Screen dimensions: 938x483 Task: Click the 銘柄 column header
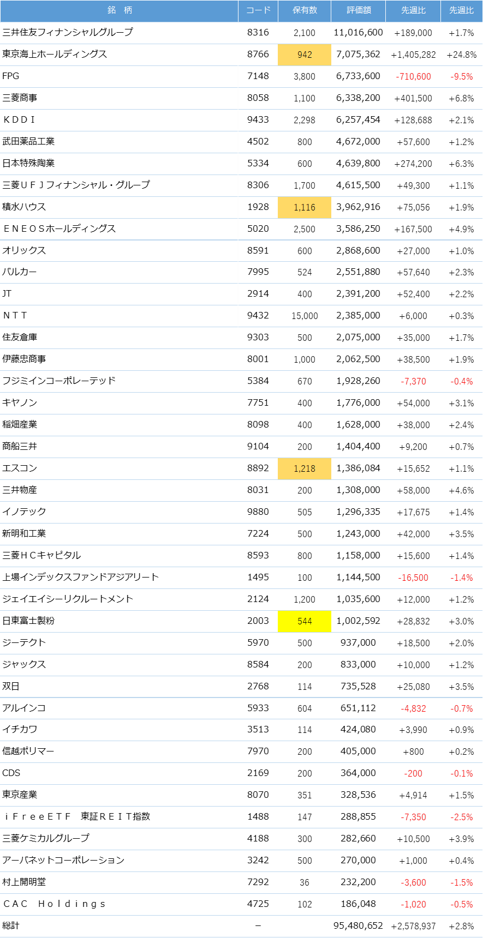click(120, 10)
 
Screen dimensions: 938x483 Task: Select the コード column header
click(258, 10)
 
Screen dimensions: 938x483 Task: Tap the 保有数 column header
click(305, 10)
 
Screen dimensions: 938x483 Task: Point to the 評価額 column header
click(359, 10)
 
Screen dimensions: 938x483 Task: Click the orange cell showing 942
click(305, 55)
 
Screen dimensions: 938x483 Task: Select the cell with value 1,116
click(305, 207)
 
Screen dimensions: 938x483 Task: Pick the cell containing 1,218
click(305, 468)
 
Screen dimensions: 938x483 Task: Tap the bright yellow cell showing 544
click(305, 621)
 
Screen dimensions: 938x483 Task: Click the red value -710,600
click(414, 76)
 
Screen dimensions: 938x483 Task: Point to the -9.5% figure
click(462, 76)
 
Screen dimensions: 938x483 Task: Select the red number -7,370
click(414, 381)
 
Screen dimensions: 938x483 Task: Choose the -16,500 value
click(414, 578)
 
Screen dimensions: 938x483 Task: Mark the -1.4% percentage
click(462, 578)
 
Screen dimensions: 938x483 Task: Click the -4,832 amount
click(414, 708)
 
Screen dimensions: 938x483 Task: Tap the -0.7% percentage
click(462, 708)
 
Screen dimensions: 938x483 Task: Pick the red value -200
click(414, 773)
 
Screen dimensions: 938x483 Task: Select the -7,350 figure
click(414, 817)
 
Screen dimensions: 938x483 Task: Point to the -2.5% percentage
click(462, 817)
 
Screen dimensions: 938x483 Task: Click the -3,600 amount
click(414, 882)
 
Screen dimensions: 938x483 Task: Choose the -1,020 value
click(414, 904)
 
